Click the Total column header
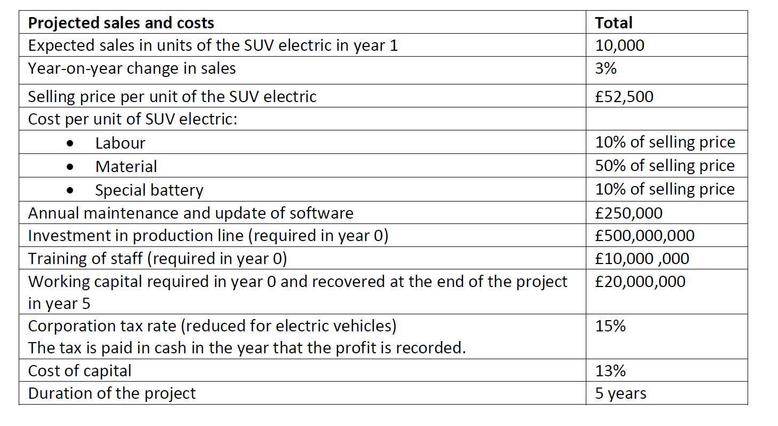click(x=614, y=22)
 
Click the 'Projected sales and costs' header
click(x=121, y=22)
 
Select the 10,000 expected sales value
click(x=619, y=45)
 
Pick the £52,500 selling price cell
click(x=624, y=96)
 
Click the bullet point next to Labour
click(x=69, y=143)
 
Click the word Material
click(x=126, y=167)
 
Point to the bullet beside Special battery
click(x=69, y=190)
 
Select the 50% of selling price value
click(x=665, y=166)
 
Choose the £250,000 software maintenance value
click(x=628, y=213)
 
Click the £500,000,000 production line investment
click(x=645, y=236)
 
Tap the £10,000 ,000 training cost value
click(x=642, y=259)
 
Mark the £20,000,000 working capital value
click(x=640, y=281)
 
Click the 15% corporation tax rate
click(x=610, y=326)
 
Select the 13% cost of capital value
click(x=610, y=370)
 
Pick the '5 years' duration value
click(x=620, y=393)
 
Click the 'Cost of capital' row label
click(x=80, y=370)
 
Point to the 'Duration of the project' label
click(x=112, y=393)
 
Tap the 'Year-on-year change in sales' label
click(x=131, y=68)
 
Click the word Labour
click(x=120, y=143)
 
